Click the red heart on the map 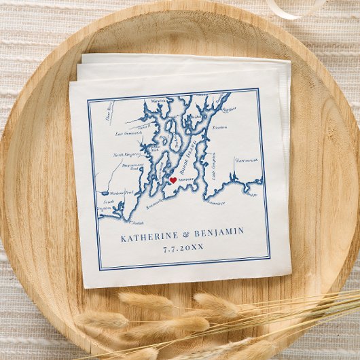(173, 180)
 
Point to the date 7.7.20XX (183, 247)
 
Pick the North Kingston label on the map (127, 154)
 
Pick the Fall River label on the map (228, 107)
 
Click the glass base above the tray (293, 8)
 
